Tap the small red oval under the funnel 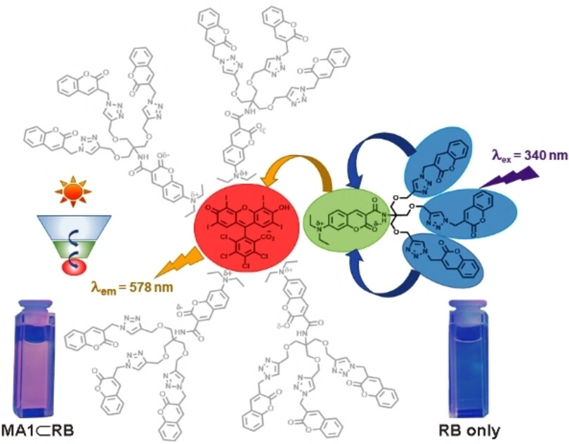(x=72, y=266)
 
